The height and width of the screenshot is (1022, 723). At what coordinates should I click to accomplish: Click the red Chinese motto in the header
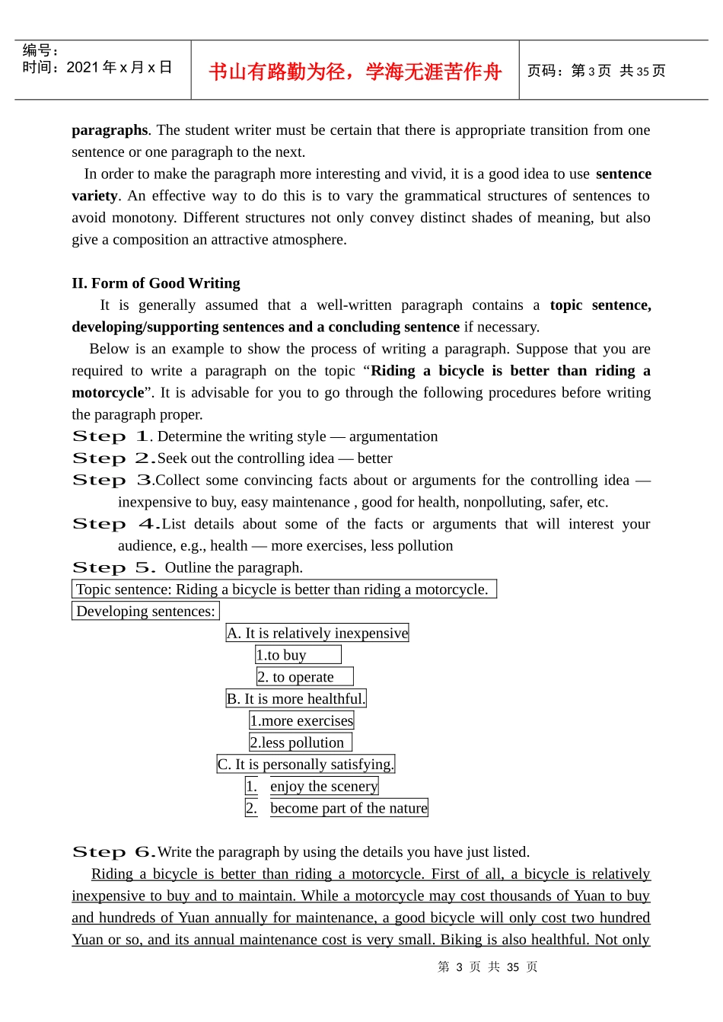point(355,72)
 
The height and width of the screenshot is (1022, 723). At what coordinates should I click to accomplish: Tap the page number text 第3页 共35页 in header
point(596,71)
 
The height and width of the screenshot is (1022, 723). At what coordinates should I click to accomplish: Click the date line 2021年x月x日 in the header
point(97,68)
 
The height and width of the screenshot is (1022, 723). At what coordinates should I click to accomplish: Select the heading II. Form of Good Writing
point(156,283)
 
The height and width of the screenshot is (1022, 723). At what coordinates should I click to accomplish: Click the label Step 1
point(111,436)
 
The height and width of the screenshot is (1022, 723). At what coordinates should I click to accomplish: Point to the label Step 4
point(114,524)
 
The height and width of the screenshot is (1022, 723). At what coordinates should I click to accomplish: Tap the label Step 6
point(113,852)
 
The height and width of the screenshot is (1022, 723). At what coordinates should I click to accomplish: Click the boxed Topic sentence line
point(283,589)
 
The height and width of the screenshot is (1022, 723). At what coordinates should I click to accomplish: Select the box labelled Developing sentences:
point(145,612)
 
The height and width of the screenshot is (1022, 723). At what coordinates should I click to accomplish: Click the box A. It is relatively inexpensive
point(317,633)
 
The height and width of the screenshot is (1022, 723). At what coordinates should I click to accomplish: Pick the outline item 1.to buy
point(298,655)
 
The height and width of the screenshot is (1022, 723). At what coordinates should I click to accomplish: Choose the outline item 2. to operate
point(304,677)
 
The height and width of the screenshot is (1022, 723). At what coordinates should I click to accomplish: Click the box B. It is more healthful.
point(296,699)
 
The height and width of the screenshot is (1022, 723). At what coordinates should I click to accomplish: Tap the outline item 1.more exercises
point(301,720)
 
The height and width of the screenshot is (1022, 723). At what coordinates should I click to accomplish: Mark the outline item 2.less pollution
point(300,743)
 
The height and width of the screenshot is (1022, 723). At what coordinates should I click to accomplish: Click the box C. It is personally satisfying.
point(306,765)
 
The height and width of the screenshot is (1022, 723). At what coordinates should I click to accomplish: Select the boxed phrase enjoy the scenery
point(323,787)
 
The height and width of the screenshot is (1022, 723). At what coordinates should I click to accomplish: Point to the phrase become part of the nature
point(349,808)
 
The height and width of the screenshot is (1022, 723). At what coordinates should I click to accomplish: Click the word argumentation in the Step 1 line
point(393,436)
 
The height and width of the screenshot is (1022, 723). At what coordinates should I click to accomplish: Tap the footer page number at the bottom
point(488,967)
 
